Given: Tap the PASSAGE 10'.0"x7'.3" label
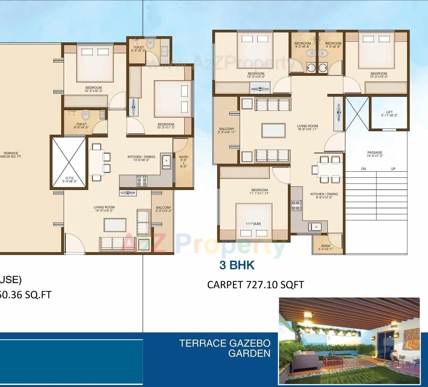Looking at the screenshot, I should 374,154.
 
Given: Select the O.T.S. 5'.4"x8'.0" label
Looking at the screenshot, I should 70,180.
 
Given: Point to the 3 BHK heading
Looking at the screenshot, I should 237,265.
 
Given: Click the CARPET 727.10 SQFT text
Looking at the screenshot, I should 255,285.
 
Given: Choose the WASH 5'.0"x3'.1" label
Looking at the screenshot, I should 325,247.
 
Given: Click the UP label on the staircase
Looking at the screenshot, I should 393,169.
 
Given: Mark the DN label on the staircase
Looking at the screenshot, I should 363,169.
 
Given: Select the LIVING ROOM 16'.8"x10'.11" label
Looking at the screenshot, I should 307,128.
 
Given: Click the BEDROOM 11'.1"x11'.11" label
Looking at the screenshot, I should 259,191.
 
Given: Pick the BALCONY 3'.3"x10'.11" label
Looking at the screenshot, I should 227,131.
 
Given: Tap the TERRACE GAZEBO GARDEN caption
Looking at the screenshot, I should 225,348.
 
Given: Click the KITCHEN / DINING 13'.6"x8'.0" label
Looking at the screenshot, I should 141,158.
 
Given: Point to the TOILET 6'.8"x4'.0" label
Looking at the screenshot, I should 81,126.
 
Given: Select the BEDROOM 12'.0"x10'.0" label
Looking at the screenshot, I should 256,75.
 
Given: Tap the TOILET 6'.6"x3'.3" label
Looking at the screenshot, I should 138,49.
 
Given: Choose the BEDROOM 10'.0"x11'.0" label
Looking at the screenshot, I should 166,126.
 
